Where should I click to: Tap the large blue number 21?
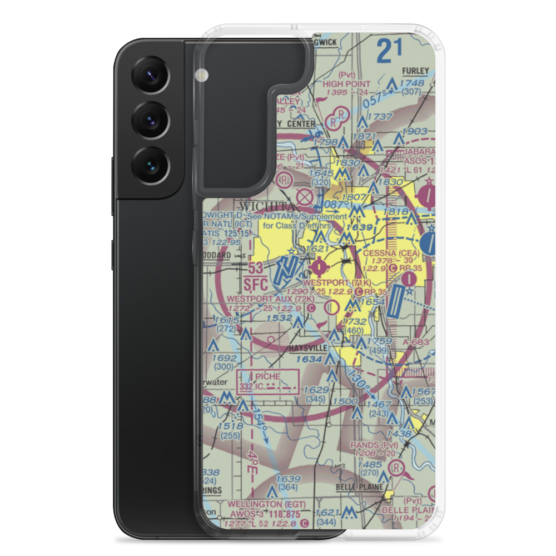389,52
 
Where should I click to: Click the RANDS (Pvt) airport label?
373,445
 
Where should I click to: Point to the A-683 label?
417,341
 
